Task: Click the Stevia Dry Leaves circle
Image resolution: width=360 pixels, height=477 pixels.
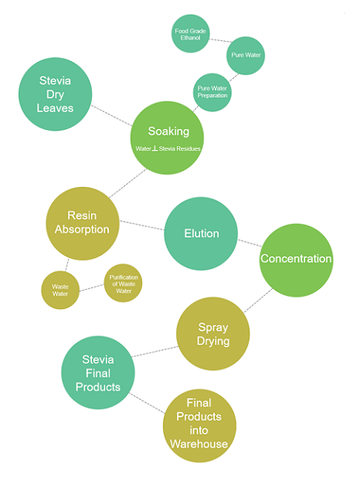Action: [x=56, y=94]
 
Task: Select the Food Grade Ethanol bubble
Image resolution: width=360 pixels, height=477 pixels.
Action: [x=191, y=33]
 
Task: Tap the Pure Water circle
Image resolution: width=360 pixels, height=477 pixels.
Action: [x=246, y=56]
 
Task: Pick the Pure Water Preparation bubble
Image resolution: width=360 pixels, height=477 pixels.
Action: [x=212, y=92]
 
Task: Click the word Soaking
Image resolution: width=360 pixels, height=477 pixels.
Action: [x=168, y=131]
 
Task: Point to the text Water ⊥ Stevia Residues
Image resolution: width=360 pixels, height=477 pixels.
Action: [x=168, y=148]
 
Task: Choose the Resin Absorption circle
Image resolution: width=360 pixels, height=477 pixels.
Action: [x=83, y=223]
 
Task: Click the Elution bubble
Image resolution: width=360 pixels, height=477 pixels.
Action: [x=201, y=233]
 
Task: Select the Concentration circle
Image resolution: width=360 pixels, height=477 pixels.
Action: [x=296, y=261]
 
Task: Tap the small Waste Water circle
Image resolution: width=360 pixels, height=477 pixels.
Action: [x=60, y=290]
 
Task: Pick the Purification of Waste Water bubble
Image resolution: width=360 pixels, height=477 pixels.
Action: [x=123, y=283]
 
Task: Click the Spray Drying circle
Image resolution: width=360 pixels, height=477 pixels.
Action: [x=213, y=334]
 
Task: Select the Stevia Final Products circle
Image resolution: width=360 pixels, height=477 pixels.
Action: [x=98, y=373]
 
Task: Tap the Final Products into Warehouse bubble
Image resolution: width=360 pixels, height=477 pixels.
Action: [x=199, y=426]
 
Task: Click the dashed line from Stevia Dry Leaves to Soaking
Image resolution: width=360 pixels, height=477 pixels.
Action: [x=111, y=116]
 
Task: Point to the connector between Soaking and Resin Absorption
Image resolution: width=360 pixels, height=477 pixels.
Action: [x=127, y=183]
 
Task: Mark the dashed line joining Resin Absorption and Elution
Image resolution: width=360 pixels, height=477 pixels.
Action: [x=142, y=225]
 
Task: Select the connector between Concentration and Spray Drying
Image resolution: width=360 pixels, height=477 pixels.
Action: [x=259, y=300]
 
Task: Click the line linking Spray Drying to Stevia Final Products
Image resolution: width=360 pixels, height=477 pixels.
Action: [x=155, y=351]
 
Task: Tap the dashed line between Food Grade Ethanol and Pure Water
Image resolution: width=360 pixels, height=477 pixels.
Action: [x=221, y=40]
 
